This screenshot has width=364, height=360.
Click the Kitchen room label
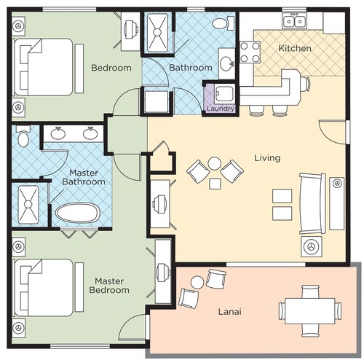[295, 48]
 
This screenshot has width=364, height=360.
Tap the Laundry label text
[221, 109]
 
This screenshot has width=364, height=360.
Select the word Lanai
[230, 311]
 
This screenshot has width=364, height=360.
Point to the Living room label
[267, 158]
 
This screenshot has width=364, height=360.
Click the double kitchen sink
[294, 20]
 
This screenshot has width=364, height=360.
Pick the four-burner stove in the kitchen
[250, 52]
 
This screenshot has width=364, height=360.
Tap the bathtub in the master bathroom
[78, 213]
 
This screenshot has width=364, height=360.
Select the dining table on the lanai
[310, 311]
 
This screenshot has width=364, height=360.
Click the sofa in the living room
[312, 203]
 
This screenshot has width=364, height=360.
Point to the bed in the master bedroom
[44, 288]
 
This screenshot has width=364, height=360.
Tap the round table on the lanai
[197, 283]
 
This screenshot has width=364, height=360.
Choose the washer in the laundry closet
[225, 93]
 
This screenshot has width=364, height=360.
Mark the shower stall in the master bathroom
[28, 204]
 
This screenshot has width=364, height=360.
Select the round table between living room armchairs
[215, 163]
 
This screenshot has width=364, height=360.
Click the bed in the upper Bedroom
[44, 67]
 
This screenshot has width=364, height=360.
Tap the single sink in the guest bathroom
[227, 63]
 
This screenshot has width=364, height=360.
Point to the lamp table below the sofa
[311, 246]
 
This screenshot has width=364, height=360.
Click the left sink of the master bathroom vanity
[58, 133]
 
